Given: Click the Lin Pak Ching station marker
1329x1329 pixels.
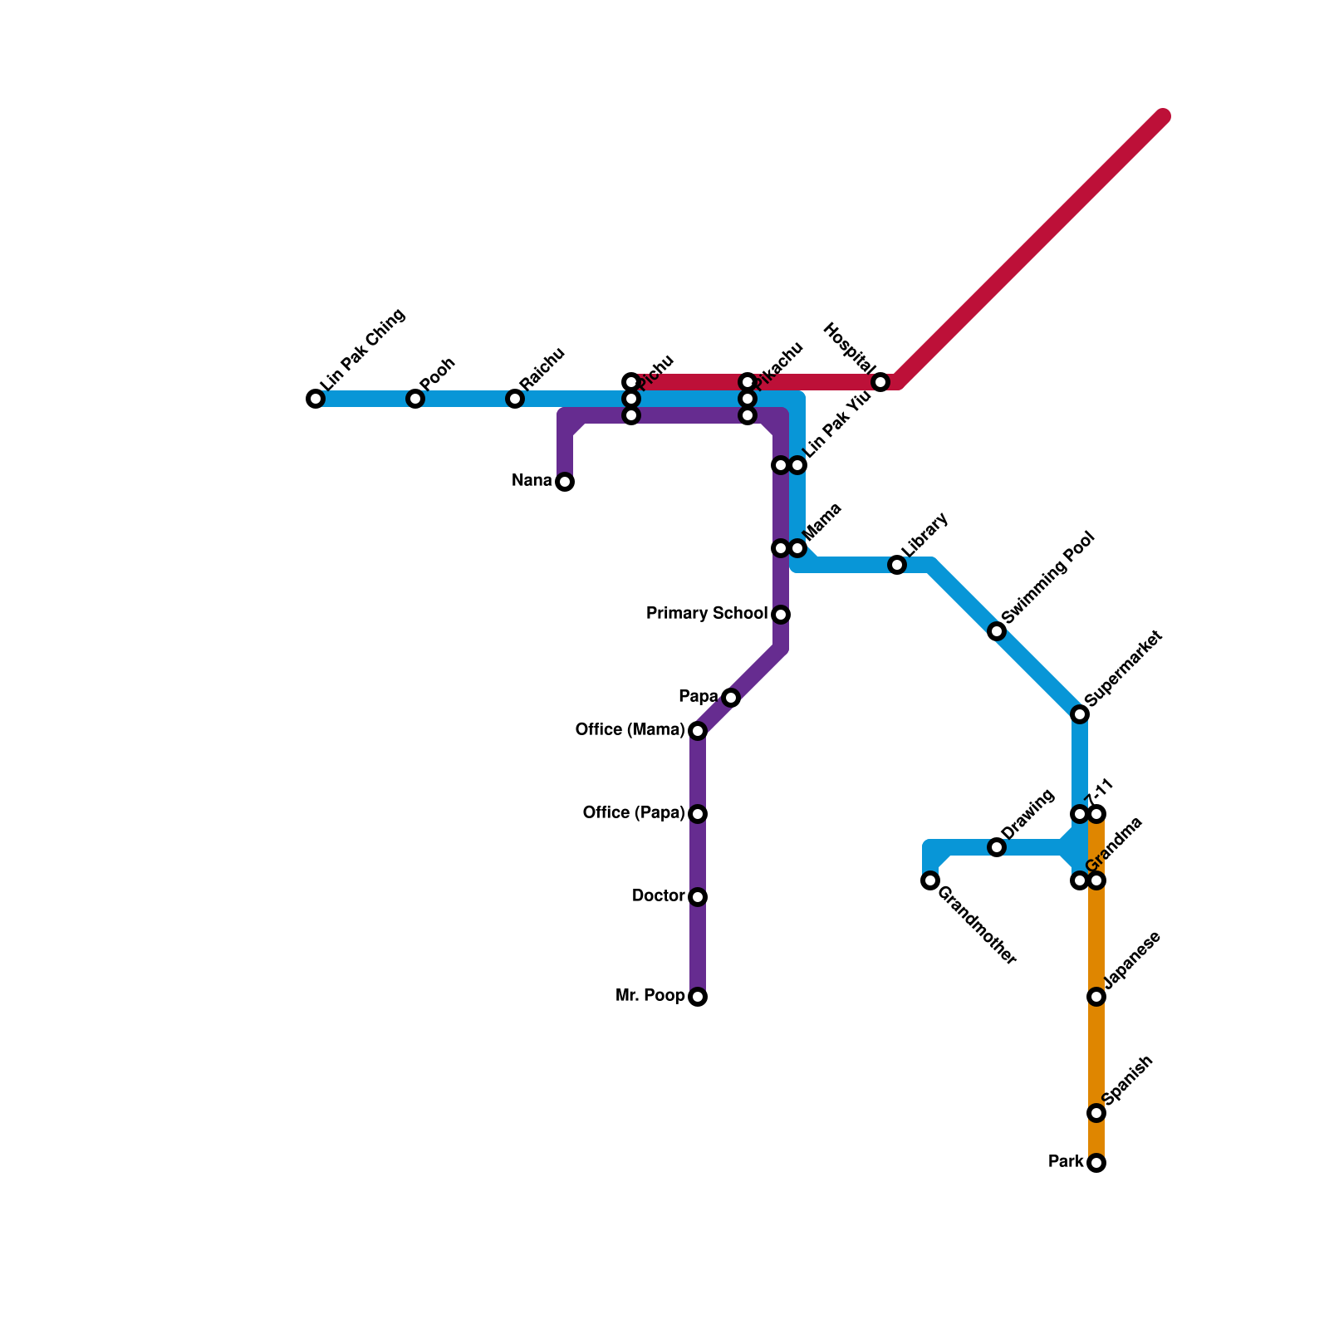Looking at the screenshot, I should (x=316, y=399).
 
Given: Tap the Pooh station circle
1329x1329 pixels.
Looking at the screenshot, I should (x=415, y=399).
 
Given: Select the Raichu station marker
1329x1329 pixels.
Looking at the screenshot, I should (x=515, y=399).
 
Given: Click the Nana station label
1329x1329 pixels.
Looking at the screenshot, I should (x=532, y=481).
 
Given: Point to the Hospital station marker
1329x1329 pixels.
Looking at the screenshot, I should (x=880, y=382).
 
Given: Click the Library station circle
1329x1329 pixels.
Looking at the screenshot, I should (x=897, y=565).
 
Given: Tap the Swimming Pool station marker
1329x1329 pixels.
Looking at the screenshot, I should (x=997, y=632).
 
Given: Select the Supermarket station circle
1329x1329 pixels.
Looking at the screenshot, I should (x=1080, y=714).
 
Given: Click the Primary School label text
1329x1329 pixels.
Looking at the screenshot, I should (x=706, y=614).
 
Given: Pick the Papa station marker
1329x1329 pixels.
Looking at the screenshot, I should (x=731, y=698).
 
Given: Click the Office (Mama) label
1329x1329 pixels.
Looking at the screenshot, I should (x=630, y=730).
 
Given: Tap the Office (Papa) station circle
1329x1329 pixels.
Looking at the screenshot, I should (x=698, y=814).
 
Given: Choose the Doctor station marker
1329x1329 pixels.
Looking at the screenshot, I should (x=698, y=897).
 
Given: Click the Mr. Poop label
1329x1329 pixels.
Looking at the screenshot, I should (x=650, y=996).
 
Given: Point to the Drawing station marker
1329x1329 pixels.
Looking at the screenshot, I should (x=997, y=847).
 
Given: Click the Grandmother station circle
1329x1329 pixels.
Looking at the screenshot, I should (x=930, y=880).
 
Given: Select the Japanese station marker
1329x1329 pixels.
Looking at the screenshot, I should (x=1096, y=997).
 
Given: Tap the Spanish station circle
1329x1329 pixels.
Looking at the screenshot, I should (x=1096, y=1113).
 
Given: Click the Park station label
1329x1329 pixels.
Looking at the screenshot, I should (x=1066, y=1162).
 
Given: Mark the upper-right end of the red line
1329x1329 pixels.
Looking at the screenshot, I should (x=1163, y=116).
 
